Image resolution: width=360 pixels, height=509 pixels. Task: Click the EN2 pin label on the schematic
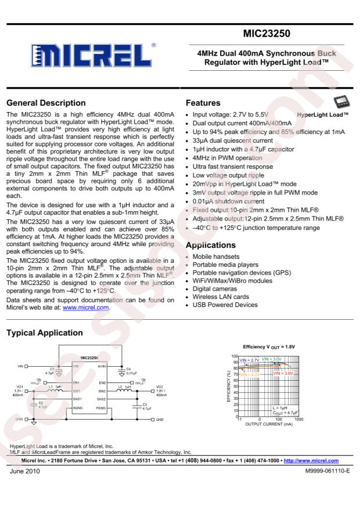click(x=102, y=383)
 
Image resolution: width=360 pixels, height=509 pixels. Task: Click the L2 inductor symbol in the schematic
click(x=124, y=391)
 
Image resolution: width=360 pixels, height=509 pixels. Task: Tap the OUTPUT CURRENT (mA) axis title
click(x=271, y=424)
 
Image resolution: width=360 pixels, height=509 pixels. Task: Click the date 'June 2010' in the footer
click(x=23, y=471)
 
